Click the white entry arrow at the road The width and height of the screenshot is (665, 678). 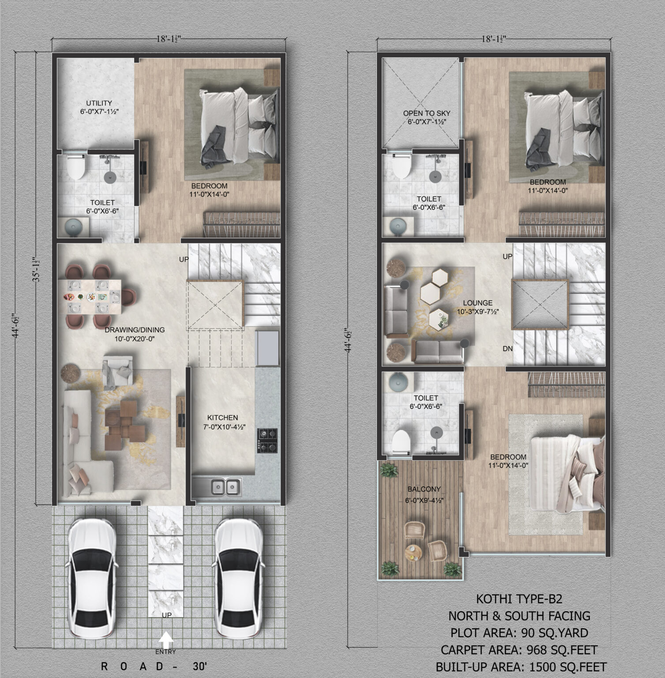[x=166, y=639]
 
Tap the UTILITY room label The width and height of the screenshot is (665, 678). [x=99, y=103]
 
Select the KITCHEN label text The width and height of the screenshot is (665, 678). [x=223, y=418]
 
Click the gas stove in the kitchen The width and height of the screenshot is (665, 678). [x=267, y=441]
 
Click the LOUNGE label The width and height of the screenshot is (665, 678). [x=478, y=303]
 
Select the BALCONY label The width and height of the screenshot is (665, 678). [x=424, y=489]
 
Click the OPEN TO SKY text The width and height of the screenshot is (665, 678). [x=427, y=113]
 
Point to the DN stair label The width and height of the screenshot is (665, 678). [x=507, y=349]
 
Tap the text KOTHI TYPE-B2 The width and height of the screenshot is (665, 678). [x=519, y=599]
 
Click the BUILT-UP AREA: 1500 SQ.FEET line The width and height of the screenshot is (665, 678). [x=521, y=667]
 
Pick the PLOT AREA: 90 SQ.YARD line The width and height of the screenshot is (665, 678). [x=519, y=633]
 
